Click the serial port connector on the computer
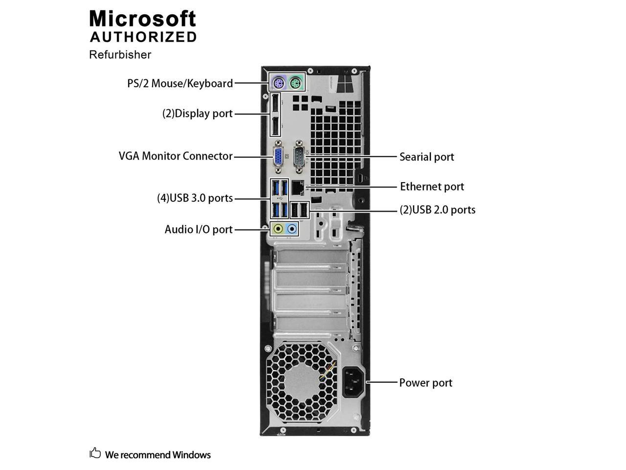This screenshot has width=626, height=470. (x=300, y=156)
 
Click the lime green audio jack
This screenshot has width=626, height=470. (x=278, y=229)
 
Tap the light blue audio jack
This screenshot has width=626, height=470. (x=292, y=229)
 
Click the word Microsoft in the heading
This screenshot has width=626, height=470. (x=142, y=19)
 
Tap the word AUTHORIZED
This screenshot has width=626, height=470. (x=143, y=37)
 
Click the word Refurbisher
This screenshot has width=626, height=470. (x=120, y=54)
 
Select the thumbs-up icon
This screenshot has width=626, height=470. (x=95, y=453)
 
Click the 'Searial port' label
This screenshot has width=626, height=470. (x=426, y=157)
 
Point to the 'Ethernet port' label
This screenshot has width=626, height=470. (x=432, y=187)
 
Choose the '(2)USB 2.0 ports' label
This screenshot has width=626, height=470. (x=437, y=210)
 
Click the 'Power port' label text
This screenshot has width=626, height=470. (x=425, y=382)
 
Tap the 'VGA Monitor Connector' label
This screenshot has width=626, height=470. (x=176, y=156)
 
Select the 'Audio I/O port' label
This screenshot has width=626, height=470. (x=199, y=229)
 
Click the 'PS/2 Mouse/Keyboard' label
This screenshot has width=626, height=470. (x=180, y=83)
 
